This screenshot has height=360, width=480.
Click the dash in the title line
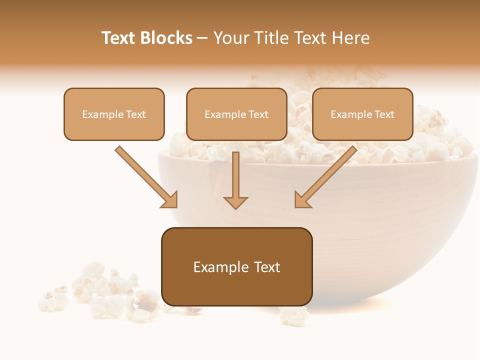(202, 38)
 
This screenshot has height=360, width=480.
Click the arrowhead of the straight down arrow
(235, 202)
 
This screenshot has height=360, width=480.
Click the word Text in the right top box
(384, 114)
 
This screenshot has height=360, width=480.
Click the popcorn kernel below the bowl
(293, 315)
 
